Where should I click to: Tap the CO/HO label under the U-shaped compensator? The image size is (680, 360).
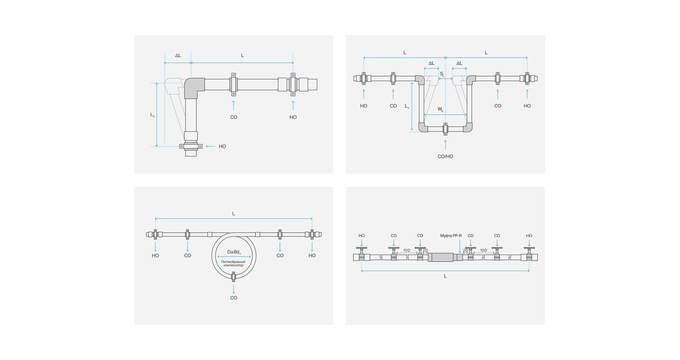[x=445, y=156]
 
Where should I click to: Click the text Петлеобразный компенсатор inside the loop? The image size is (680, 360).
[x=233, y=263]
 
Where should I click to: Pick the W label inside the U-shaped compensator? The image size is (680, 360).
[x=440, y=109]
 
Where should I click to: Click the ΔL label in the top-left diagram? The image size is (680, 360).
[x=178, y=55]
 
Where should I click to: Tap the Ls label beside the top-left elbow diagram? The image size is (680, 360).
[x=152, y=115]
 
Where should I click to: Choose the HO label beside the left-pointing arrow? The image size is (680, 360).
[x=222, y=146]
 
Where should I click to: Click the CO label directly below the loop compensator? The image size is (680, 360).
[x=233, y=298]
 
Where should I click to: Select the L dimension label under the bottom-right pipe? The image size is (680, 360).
[x=445, y=276]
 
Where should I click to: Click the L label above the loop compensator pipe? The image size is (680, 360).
[x=233, y=214]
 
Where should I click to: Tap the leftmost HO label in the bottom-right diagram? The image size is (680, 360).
[x=361, y=236]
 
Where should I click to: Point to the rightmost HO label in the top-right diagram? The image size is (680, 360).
[x=527, y=106]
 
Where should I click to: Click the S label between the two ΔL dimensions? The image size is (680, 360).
[x=441, y=74]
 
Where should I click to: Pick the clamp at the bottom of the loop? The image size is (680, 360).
[x=233, y=276]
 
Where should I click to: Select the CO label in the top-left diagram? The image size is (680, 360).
[x=233, y=117]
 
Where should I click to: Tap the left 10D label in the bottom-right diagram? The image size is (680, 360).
[x=406, y=250]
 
